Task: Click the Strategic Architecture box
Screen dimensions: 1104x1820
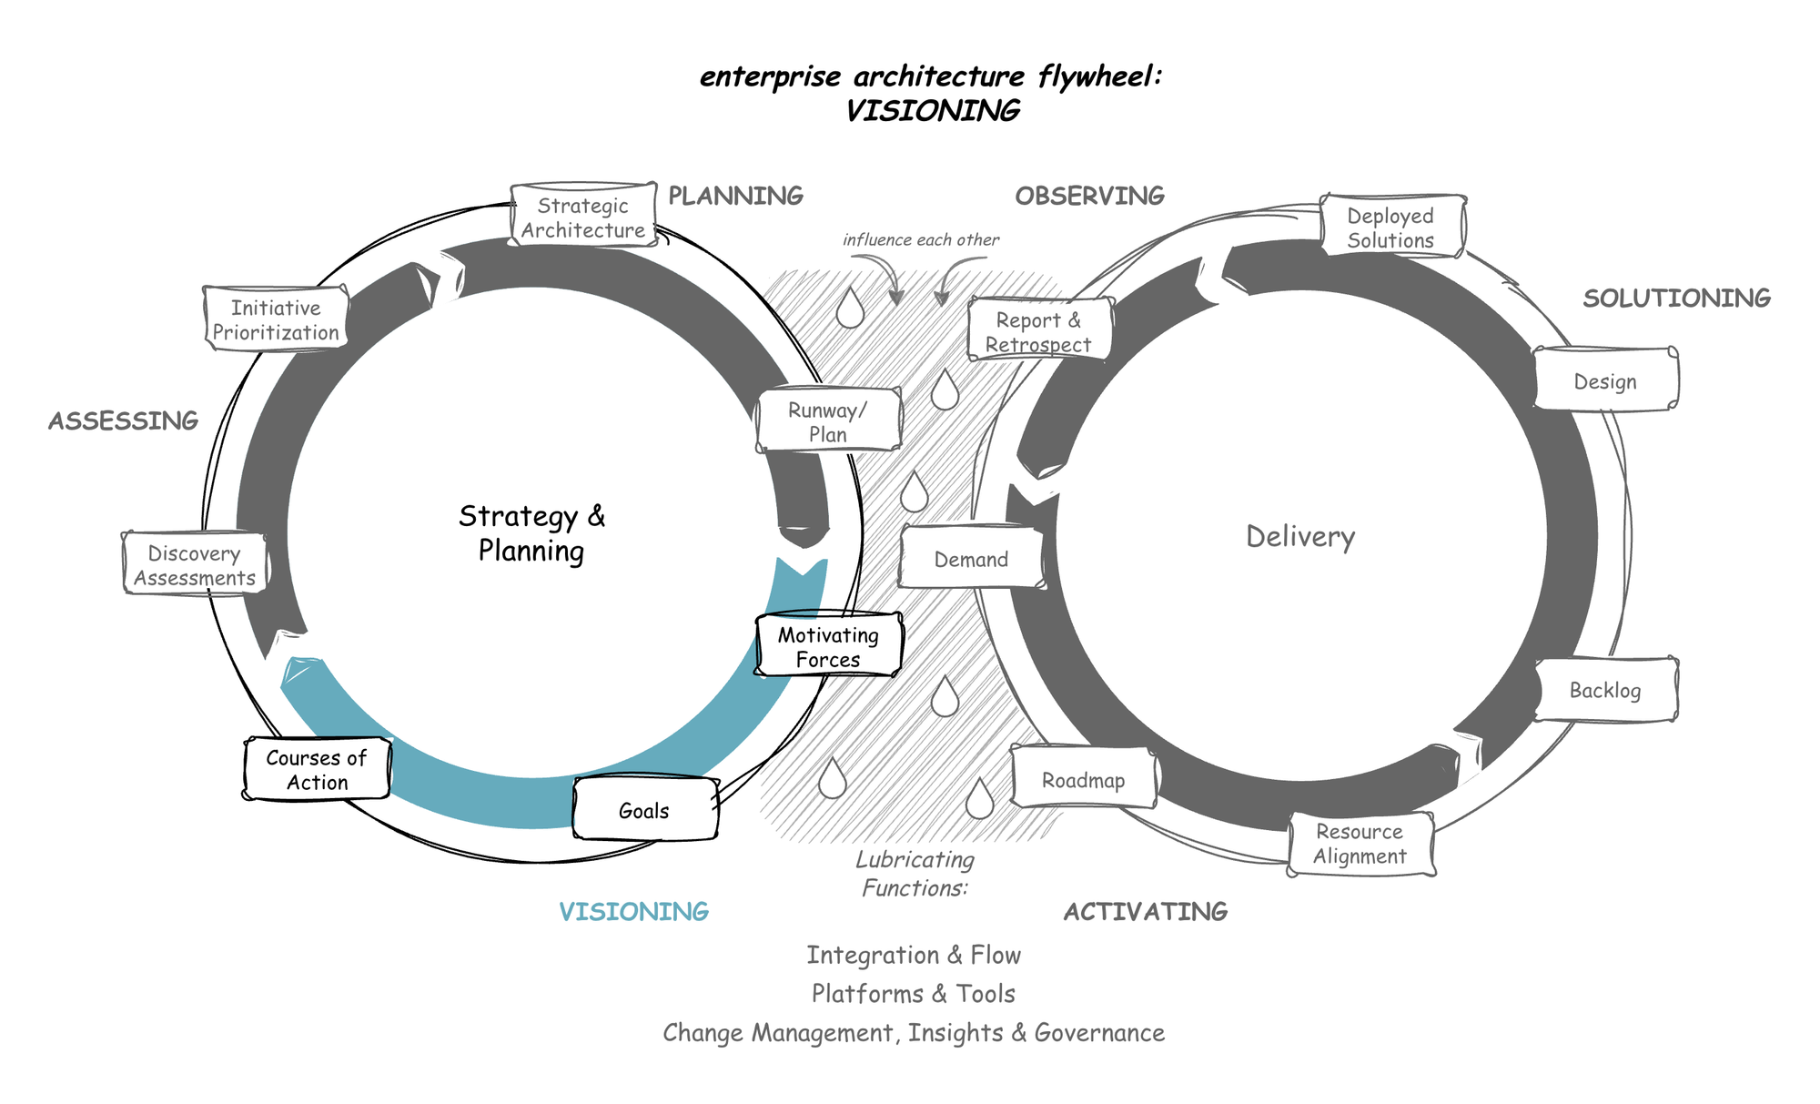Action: click(x=583, y=218)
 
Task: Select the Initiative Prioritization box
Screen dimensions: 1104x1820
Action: click(x=276, y=319)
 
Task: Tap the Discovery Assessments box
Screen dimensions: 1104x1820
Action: click(x=195, y=565)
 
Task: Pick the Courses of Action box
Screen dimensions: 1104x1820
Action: click(x=317, y=770)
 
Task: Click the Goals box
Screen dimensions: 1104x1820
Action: click(x=645, y=810)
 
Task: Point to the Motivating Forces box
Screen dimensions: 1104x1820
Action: click(x=828, y=646)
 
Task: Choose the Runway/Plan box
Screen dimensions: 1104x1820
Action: click(x=828, y=421)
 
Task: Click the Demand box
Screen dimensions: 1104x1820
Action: click(x=971, y=559)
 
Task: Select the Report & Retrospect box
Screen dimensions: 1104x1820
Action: click(x=1039, y=331)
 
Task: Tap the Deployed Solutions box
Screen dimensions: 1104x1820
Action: click(x=1391, y=228)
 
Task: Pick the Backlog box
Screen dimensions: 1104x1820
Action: click(x=1605, y=690)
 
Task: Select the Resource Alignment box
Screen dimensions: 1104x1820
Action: click(x=1360, y=844)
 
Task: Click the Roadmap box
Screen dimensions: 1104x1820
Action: click(x=1083, y=780)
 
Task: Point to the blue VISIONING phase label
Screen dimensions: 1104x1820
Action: click(x=634, y=911)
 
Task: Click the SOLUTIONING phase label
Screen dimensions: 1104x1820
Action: click(x=1676, y=298)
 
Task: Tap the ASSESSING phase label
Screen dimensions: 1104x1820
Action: click(x=124, y=420)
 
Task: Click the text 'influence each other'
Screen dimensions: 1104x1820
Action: click(x=920, y=239)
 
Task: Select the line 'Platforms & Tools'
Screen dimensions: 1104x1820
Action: click(x=913, y=993)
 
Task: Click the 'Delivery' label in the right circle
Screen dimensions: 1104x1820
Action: click(x=1300, y=536)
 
